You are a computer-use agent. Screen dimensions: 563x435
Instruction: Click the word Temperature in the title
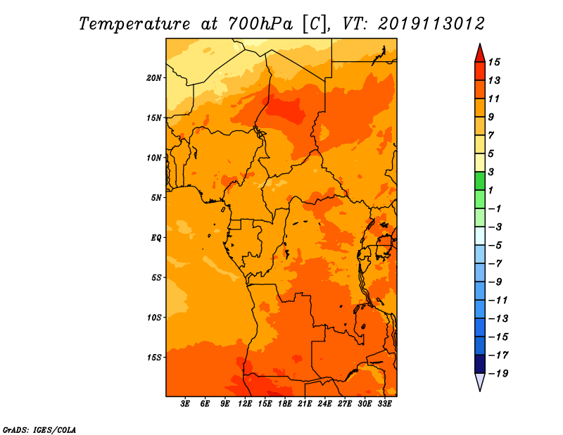coord(134,24)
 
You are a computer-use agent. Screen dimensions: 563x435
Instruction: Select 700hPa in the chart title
coord(260,24)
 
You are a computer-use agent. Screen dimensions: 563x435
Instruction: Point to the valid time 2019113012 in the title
coord(431,24)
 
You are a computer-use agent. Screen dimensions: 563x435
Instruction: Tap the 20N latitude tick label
coord(154,77)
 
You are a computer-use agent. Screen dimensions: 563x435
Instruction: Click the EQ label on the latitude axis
coord(156,238)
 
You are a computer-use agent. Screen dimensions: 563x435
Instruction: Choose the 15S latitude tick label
coord(154,358)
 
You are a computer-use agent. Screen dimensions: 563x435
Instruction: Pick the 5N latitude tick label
coord(156,198)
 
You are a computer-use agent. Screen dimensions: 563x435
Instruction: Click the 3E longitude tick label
coord(185,404)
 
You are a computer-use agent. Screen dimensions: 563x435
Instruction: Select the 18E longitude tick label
coord(285,404)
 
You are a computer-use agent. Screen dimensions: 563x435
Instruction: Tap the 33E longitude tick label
coord(384,404)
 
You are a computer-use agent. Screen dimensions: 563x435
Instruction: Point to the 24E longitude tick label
coord(324,404)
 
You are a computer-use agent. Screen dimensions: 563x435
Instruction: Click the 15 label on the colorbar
coord(494,62)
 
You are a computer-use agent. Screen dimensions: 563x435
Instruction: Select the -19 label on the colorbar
coord(498,374)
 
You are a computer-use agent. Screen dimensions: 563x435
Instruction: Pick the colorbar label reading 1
coord(491,190)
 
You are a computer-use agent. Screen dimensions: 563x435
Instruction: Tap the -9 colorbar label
coord(495,282)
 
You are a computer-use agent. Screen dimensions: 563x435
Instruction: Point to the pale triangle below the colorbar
coord(480,382)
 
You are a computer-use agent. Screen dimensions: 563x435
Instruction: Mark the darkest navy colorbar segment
coord(480,364)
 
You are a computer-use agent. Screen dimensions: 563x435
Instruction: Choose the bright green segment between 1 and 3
coord(480,181)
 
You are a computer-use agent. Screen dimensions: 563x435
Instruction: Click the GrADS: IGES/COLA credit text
coord(39,430)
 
